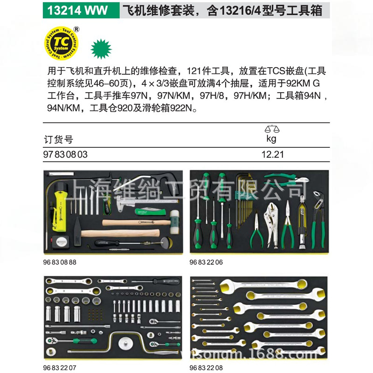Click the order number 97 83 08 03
click(x=65, y=154)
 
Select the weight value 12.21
click(x=273, y=154)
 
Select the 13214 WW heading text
click(x=77, y=9)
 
